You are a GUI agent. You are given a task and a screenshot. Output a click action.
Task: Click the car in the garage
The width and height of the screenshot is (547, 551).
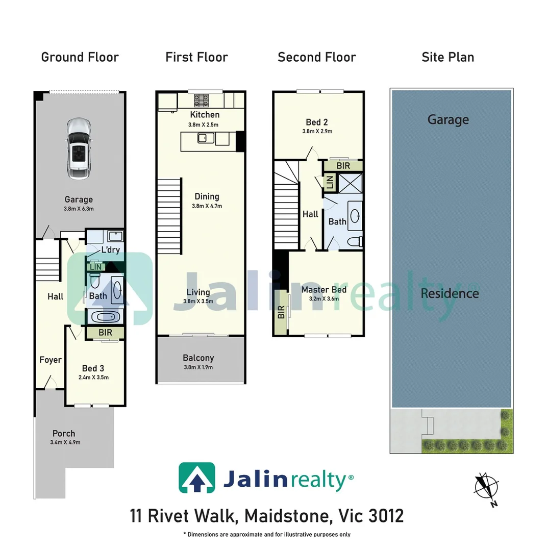point(78,148)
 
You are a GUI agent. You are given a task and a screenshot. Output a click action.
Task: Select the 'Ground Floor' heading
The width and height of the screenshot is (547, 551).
point(80,57)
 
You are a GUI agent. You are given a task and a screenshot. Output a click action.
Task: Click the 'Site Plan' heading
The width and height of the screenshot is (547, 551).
point(447,57)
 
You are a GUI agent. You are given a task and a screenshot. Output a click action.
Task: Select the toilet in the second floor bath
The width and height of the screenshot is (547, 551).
point(354,241)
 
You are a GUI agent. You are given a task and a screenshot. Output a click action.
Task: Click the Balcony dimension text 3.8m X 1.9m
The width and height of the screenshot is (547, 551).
point(198,367)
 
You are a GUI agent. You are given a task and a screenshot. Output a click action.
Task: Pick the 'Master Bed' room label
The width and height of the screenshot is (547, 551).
point(324,290)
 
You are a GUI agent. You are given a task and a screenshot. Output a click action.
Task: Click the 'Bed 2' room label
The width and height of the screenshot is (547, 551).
point(316,122)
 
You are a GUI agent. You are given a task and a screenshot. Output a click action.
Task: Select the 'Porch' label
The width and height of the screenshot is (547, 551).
point(64,434)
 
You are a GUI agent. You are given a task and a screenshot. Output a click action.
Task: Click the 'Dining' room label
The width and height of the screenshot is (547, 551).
point(207,196)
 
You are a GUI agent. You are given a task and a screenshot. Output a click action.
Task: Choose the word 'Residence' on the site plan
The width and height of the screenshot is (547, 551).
point(450,293)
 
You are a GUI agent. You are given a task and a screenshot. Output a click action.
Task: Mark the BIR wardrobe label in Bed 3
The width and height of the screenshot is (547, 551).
point(105,333)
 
